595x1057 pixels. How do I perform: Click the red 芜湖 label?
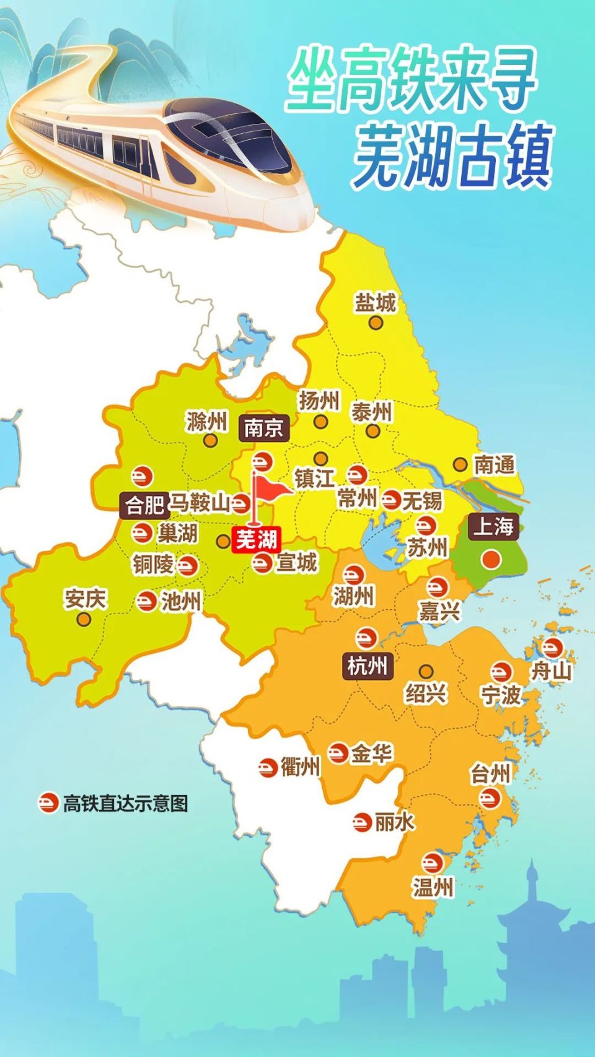pos(256,540)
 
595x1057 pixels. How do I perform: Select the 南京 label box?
pos(263,428)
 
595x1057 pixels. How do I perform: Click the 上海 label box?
pos(493,526)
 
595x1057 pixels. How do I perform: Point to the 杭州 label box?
pos(368,666)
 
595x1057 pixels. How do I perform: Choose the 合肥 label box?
pos(144,505)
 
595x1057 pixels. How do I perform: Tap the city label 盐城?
pos(375,303)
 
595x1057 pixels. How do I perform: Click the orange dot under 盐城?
pos(375,322)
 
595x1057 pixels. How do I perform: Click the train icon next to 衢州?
pos(268,768)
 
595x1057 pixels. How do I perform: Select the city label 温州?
pos(433,887)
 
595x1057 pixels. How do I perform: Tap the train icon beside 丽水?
pos(362,822)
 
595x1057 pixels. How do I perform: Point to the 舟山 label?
pos(551,670)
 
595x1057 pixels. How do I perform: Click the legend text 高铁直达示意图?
pos(125,804)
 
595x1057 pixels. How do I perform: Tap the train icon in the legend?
pos(48,804)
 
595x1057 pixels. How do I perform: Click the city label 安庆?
pos(85,599)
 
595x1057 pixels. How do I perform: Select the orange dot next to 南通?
pos(460,464)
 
